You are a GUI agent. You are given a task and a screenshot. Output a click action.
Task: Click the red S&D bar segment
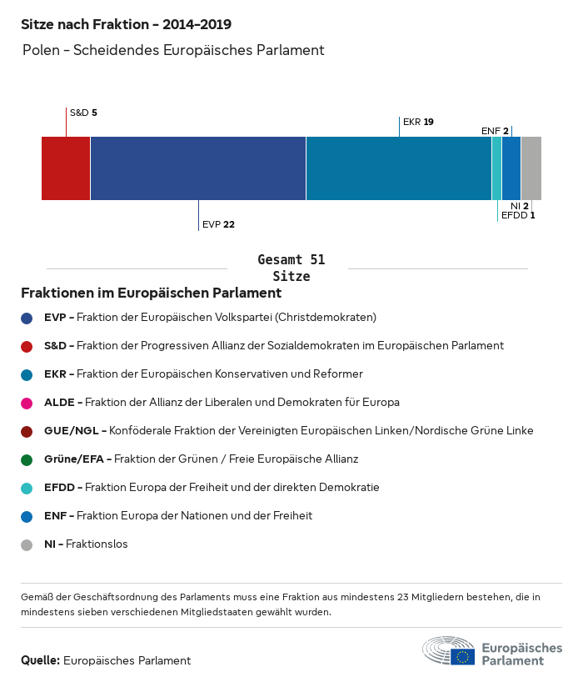coord(66,168)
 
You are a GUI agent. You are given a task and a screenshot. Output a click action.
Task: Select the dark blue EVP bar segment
coord(198,168)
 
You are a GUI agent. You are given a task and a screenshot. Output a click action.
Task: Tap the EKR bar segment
coord(399,168)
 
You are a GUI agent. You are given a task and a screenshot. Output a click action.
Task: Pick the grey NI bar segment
coord(531,168)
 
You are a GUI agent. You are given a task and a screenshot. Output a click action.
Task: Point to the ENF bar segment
coord(511,168)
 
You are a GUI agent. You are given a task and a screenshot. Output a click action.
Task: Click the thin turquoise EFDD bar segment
coord(497,168)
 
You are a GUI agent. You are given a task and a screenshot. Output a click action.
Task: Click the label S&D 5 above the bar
coord(83,113)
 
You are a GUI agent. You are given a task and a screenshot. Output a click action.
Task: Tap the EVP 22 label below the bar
coord(218,224)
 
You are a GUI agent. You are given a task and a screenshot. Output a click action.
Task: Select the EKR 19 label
coord(418,122)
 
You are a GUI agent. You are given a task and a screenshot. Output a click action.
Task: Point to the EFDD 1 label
coord(518,215)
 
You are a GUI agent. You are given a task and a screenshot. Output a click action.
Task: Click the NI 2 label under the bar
coord(520,205)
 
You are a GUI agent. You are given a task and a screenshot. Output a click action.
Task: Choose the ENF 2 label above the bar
coord(495,131)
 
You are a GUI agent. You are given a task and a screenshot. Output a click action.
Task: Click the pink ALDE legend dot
coord(27,403)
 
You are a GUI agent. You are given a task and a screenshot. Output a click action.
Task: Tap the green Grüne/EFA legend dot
coord(27,459)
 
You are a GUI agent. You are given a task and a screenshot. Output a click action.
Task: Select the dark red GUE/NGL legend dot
coord(27,431)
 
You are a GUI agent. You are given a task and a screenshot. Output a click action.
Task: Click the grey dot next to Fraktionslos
coord(27,544)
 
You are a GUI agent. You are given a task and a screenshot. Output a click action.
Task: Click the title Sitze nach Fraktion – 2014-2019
coord(126,25)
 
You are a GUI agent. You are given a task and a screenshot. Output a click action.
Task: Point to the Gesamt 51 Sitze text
coord(291,268)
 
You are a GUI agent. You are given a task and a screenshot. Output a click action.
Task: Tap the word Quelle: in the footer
coord(40,660)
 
